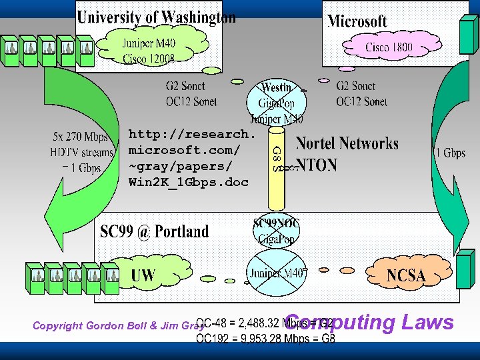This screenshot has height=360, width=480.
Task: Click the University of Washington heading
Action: (156, 17)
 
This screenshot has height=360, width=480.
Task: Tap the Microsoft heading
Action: (357, 21)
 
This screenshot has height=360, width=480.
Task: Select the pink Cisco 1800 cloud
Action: (389, 47)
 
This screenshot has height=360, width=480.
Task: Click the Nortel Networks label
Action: (347, 143)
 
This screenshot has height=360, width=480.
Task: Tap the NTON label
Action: (317, 165)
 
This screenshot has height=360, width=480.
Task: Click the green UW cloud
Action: (143, 274)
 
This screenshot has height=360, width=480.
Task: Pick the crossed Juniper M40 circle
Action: (277, 273)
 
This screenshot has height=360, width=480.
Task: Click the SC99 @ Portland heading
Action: (154, 232)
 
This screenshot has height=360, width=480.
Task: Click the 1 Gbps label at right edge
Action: (450, 153)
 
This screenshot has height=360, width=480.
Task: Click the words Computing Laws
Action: (370, 323)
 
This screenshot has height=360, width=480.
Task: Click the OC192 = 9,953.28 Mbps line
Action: (265, 339)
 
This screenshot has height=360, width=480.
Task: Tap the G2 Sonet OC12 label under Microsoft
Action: (361, 93)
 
